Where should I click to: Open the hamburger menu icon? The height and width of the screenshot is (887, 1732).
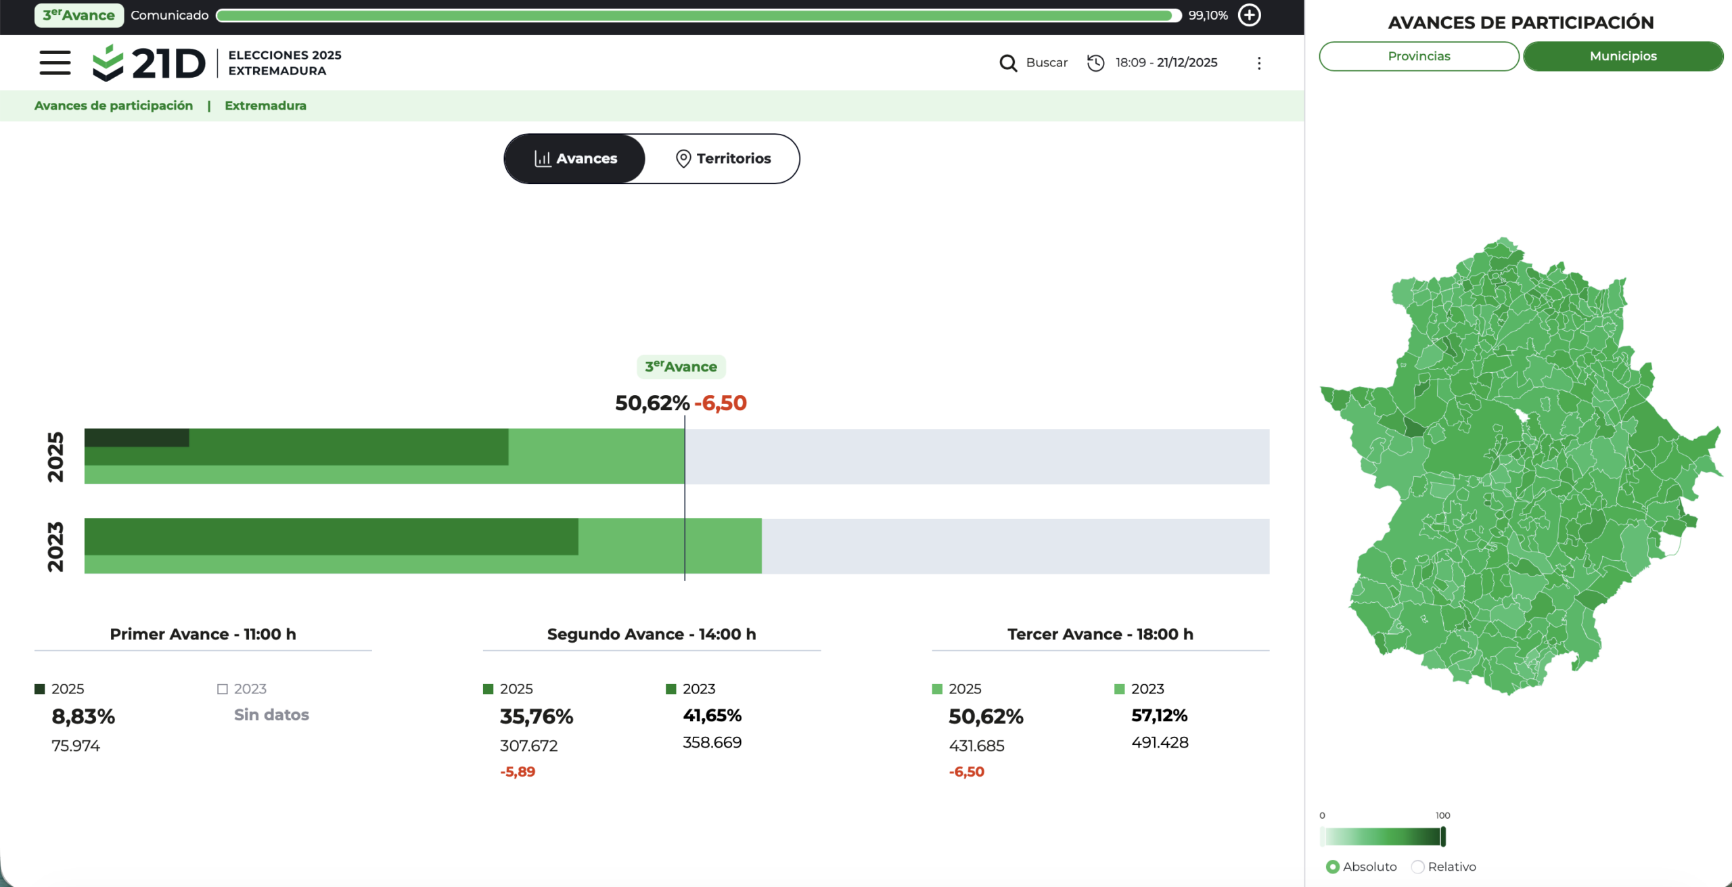point(55,63)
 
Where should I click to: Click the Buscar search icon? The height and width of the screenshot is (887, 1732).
point(1008,63)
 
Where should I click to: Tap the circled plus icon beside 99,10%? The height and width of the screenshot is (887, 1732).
point(1249,15)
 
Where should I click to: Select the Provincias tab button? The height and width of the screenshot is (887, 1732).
point(1419,56)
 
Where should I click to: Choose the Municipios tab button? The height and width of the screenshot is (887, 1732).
point(1623,56)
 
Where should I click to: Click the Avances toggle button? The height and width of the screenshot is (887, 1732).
point(575,158)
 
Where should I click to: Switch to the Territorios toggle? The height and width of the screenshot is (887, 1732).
point(723,158)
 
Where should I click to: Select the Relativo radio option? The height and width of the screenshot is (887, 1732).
point(1417,867)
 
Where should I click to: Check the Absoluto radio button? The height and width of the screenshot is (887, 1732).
point(1332,867)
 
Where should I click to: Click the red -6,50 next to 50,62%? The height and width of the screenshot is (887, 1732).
point(721,403)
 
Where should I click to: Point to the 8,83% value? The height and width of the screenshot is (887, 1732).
point(83,717)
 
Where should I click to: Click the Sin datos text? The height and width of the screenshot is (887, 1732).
point(271,715)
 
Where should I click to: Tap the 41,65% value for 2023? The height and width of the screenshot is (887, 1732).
point(712,715)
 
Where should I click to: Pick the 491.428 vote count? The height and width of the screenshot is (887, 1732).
point(1160,742)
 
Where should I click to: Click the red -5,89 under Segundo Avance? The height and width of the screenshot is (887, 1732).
point(518,772)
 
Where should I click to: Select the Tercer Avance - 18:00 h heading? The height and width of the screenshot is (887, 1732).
point(1100,634)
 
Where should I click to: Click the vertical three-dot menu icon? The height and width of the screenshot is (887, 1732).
point(1259,63)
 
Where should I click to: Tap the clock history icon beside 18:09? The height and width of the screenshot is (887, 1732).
point(1095,63)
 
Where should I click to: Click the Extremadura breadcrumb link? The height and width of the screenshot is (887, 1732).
point(265,106)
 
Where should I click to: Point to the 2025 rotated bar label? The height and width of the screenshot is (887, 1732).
point(55,457)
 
